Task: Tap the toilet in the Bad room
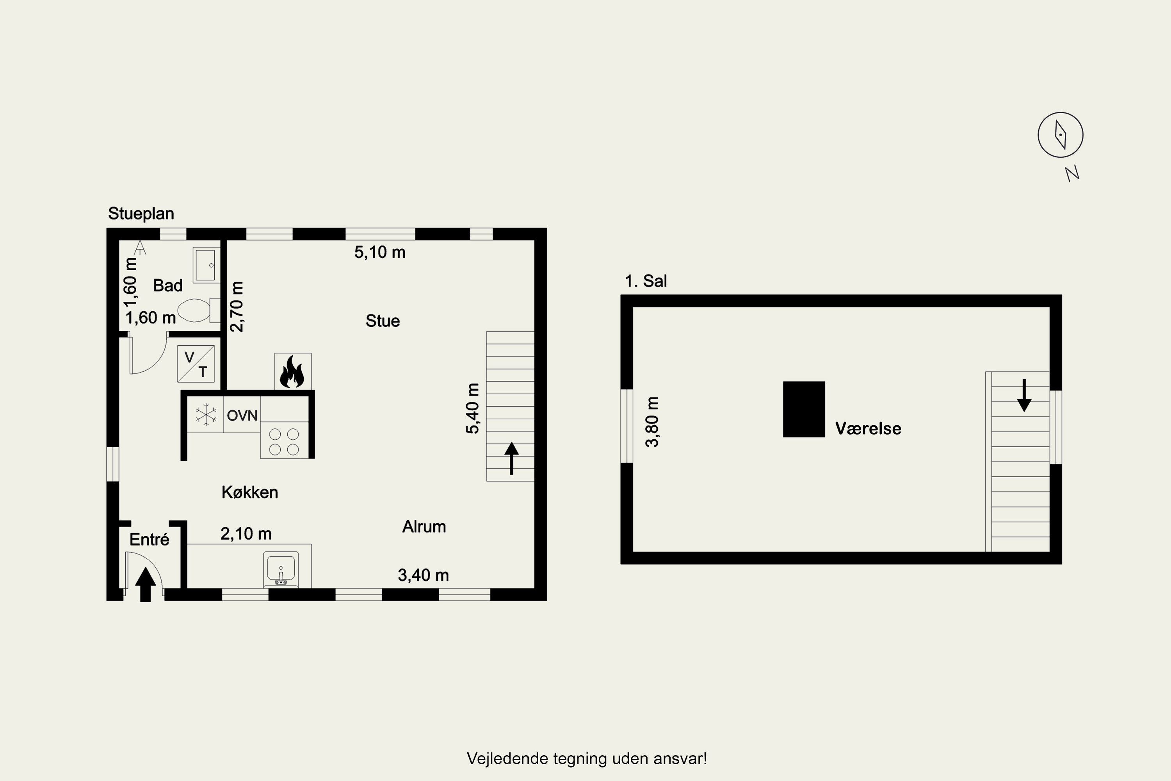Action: (x=199, y=310)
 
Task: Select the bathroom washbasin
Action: (x=206, y=265)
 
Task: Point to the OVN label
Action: (x=242, y=415)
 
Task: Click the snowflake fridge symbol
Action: (x=206, y=415)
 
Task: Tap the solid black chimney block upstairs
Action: (x=804, y=409)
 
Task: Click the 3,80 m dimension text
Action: (x=652, y=422)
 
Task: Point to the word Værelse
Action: (x=868, y=428)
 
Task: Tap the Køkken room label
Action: (x=250, y=492)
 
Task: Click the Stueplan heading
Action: (x=141, y=214)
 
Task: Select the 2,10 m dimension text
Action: (x=246, y=534)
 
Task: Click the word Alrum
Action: (x=424, y=526)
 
